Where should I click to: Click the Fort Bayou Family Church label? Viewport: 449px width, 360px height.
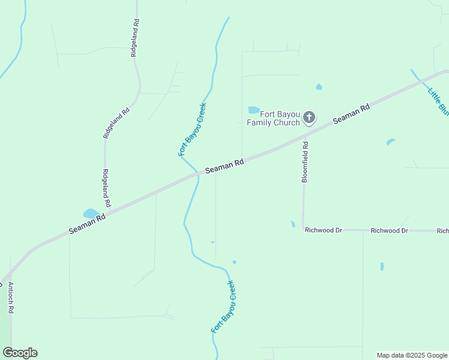[x=273, y=118]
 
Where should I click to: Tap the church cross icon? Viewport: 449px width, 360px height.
[x=309, y=117]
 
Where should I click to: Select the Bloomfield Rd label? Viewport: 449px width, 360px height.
[x=305, y=162]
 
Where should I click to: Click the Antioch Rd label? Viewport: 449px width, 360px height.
[x=11, y=298]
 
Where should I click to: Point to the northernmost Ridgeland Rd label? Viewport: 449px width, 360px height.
[x=135, y=38]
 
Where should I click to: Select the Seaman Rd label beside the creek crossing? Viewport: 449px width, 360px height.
[x=224, y=166]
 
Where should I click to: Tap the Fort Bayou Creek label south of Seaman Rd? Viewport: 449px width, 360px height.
[x=223, y=307]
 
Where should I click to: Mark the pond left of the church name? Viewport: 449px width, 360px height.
[x=254, y=110]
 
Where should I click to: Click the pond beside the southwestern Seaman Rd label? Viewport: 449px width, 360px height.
[x=91, y=214]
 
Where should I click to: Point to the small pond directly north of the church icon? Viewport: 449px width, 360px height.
[x=319, y=87]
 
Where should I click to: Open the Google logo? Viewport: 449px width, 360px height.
[x=20, y=353]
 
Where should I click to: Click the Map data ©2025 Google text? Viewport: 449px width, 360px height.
[x=412, y=355]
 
